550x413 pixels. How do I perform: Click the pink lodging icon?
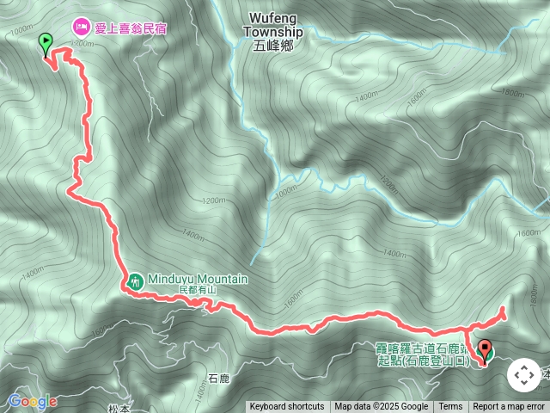tap(82, 28)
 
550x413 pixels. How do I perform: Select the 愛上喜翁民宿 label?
tap(131, 28)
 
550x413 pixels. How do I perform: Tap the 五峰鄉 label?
tap(272, 46)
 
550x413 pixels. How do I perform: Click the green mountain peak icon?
tap(136, 280)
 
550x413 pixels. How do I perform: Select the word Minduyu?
tap(174, 279)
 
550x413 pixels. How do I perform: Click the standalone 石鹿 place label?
tap(219, 378)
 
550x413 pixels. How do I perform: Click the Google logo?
tap(32, 401)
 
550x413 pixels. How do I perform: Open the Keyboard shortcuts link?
tap(287, 407)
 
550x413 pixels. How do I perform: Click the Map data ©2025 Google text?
tap(381, 407)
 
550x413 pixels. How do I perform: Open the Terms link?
tap(450, 407)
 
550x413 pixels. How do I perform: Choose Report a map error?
tap(509, 407)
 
